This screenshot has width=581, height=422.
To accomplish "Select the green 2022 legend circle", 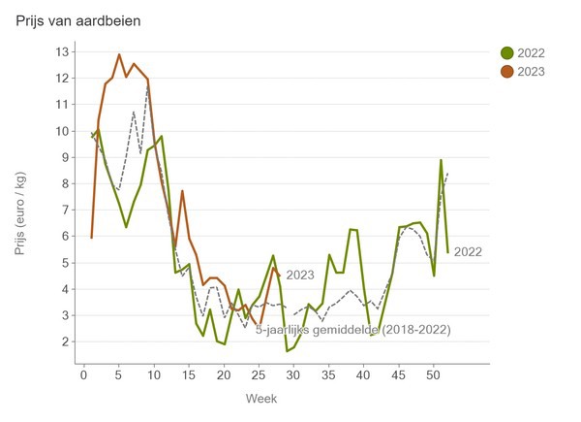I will point(506,52).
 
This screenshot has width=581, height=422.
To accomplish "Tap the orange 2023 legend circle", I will point(506,71).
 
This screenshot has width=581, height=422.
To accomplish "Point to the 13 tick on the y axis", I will point(63,51).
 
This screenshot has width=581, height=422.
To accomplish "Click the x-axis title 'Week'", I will point(281,399).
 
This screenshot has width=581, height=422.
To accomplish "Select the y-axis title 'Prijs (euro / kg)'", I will point(21,210).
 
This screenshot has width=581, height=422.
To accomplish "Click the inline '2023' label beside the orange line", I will point(301,276).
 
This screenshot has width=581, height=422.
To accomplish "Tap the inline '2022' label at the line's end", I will point(468,252).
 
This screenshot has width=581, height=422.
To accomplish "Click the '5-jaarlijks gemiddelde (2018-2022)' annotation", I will point(353,331).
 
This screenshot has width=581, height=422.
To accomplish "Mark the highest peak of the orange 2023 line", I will point(119,54).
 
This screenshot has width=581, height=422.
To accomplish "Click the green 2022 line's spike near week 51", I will point(441,160).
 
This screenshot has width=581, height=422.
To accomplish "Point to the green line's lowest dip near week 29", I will point(287,350).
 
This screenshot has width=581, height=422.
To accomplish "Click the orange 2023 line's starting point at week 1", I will point(91,237).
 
